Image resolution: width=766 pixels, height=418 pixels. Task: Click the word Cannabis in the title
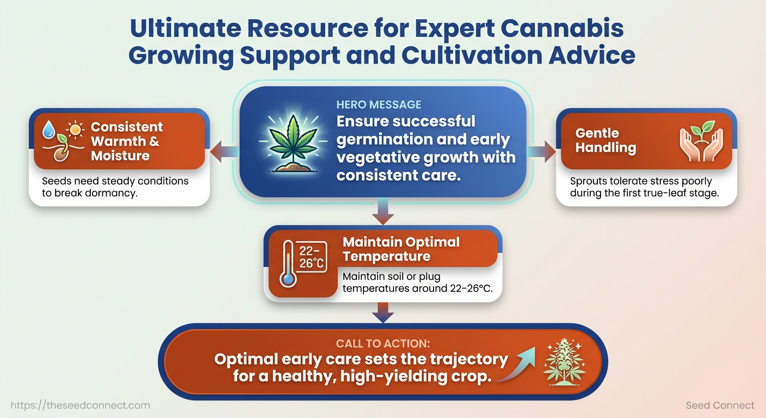click(562, 28)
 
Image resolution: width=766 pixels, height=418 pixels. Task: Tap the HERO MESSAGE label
click(379, 104)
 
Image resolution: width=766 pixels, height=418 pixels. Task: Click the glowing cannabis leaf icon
click(293, 144)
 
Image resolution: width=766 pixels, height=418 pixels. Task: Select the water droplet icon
click(48, 130)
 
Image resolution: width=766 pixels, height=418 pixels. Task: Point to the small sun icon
click(75, 130)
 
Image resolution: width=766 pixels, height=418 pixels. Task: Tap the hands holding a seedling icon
click(701, 141)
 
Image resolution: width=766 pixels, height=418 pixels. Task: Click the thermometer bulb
click(288, 279)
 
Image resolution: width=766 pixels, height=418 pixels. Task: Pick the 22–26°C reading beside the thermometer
click(311, 257)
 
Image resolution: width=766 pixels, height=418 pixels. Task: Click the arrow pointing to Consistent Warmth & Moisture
click(225, 151)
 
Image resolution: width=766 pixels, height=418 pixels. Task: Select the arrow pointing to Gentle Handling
click(541, 151)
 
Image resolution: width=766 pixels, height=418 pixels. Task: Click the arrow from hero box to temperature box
click(383, 211)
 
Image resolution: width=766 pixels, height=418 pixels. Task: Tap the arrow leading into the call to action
click(383, 312)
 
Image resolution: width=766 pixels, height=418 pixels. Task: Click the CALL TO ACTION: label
click(382, 343)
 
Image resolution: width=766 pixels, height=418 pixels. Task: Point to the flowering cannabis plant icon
click(564, 362)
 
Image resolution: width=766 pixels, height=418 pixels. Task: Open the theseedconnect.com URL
click(81, 405)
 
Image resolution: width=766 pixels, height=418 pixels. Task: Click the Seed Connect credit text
click(720, 405)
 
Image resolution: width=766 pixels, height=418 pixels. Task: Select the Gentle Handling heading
click(606, 140)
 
